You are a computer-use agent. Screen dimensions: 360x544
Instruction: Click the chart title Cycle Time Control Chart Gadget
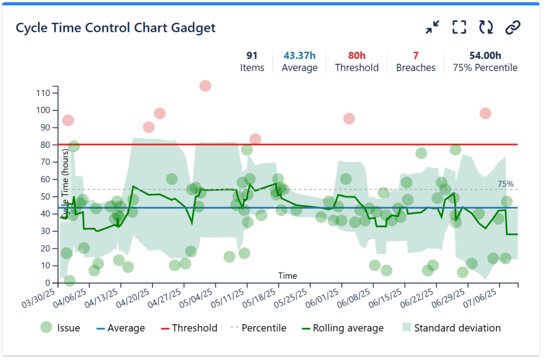116,28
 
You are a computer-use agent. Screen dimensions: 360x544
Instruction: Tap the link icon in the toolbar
512,28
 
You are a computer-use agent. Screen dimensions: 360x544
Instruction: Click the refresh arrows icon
486,28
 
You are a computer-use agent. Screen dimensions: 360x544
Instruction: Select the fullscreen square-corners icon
460,28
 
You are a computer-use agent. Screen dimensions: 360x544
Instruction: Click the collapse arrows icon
433,28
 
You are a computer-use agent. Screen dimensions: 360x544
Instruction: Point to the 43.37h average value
299,55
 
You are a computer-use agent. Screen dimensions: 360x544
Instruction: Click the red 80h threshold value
356,55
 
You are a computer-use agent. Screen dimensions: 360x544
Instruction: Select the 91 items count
252,55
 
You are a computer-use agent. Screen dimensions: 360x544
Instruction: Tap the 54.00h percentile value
485,55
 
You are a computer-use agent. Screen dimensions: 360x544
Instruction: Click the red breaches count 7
415,55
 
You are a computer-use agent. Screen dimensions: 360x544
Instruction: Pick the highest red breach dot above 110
205,85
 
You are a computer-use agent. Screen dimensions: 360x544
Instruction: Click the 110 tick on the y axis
42,93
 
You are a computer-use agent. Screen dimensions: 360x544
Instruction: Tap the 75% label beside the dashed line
505,184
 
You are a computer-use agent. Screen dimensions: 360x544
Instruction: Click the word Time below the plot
287,276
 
